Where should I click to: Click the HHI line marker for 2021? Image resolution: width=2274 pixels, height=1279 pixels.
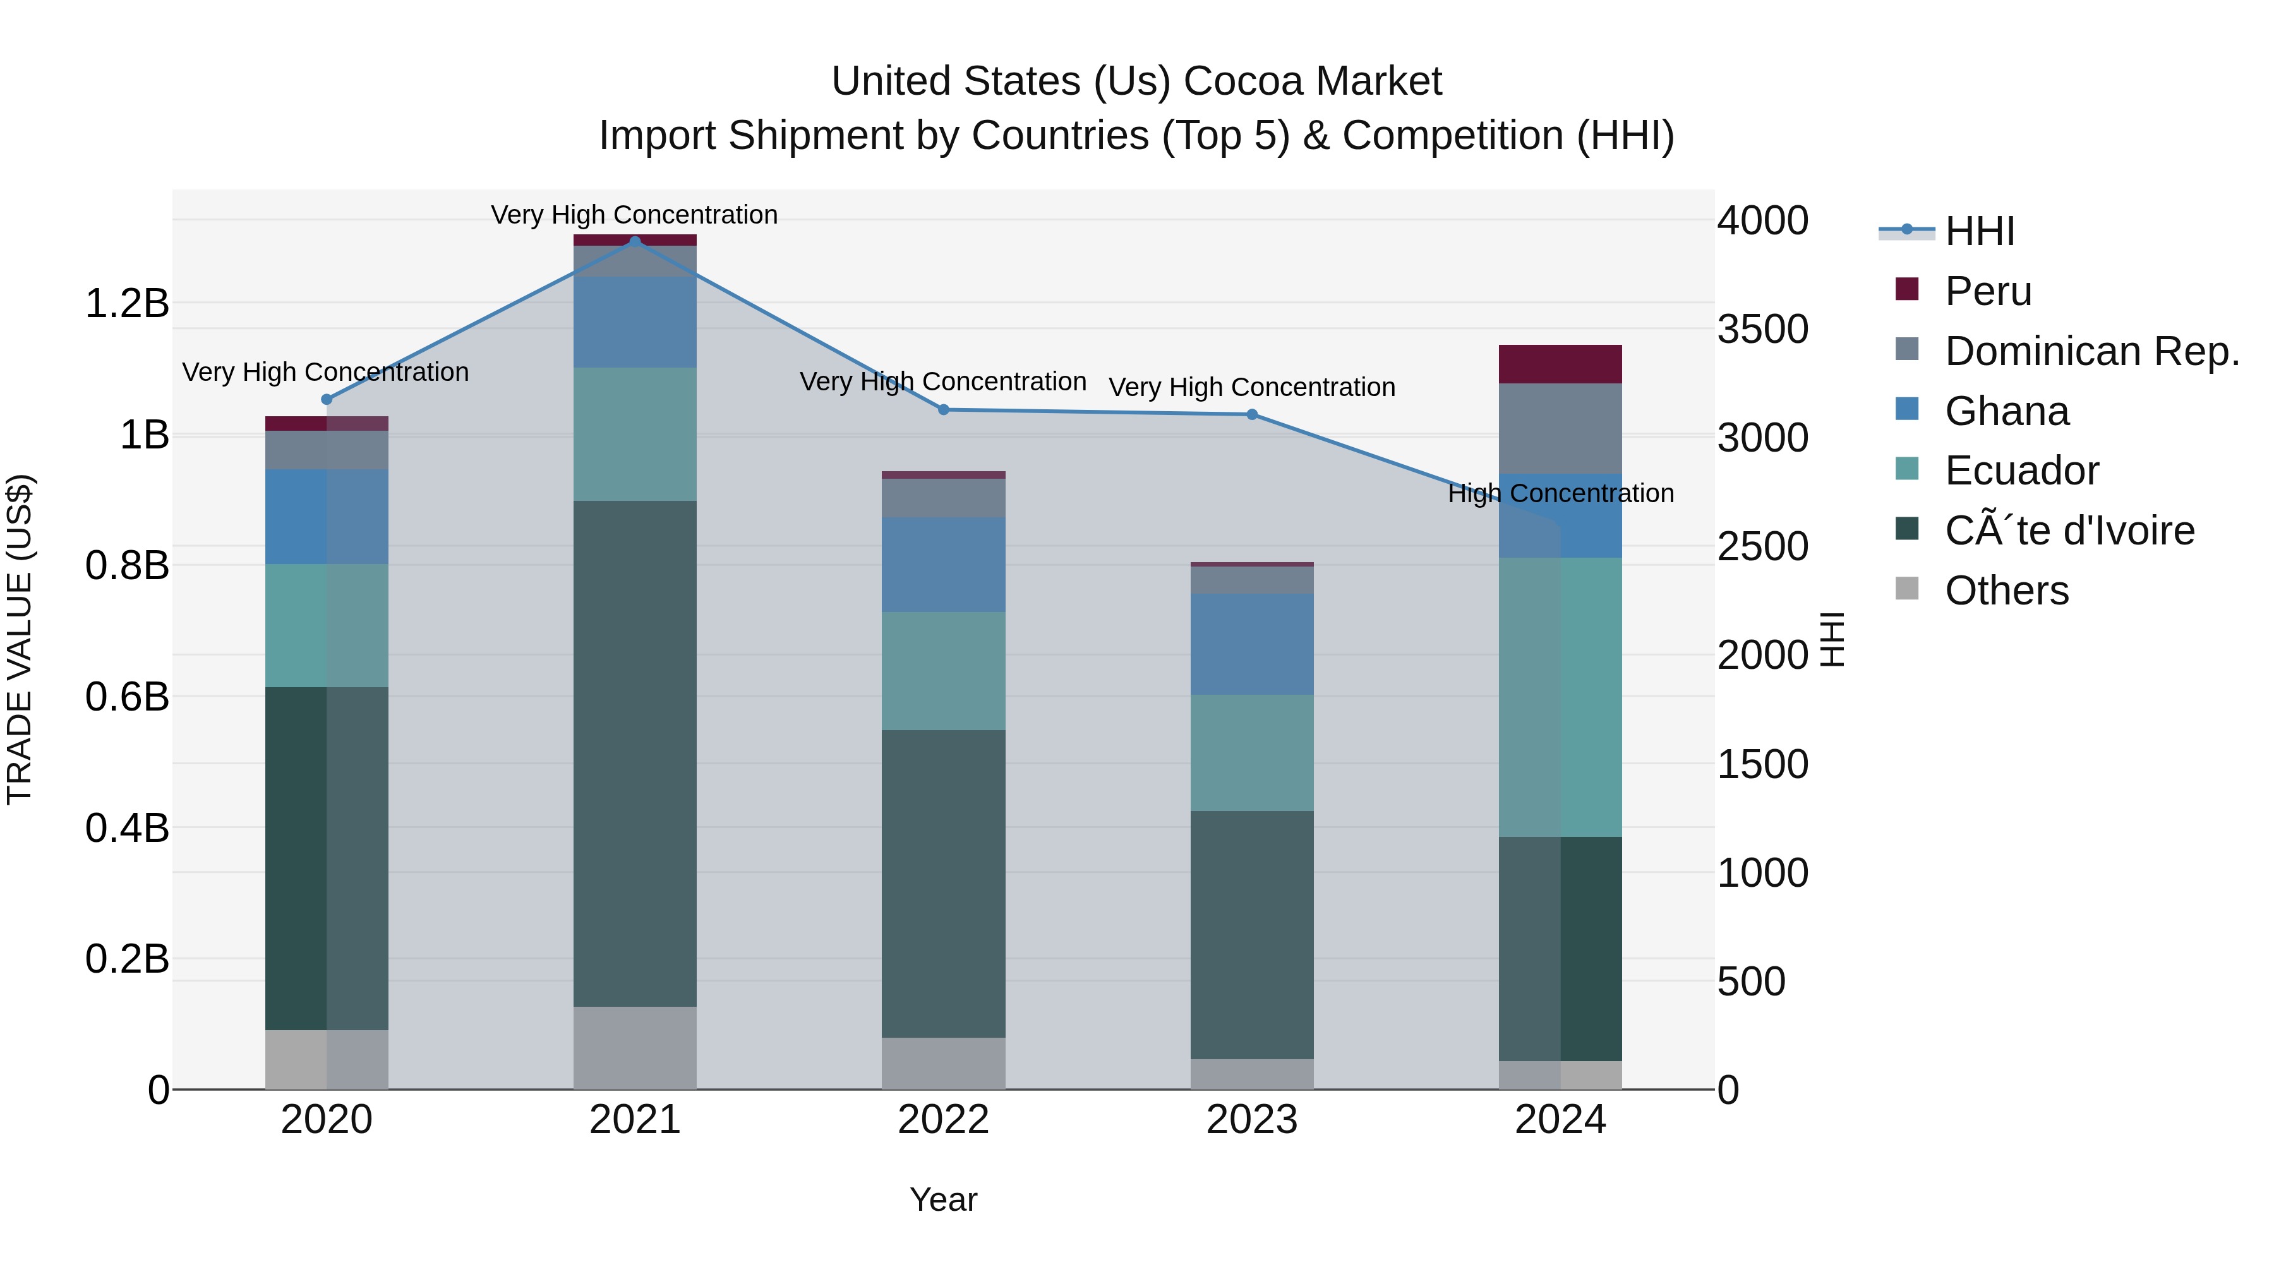pyautogui.click(x=635, y=241)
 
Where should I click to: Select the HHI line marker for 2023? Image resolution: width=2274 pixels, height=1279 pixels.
pyautogui.click(x=1252, y=414)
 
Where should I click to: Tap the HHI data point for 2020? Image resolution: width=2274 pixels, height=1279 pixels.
pyautogui.click(x=327, y=399)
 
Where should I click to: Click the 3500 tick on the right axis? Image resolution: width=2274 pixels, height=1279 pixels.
pyautogui.click(x=1762, y=329)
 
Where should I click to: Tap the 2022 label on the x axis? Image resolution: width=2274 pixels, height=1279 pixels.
pyautogui.click(x=943, y=1120)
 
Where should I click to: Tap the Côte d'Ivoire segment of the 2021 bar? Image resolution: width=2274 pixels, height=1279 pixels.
pyautogui.click(x=635, y=753)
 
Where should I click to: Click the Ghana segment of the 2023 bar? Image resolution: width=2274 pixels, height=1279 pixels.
pyautogui.click(x=1252, y=644)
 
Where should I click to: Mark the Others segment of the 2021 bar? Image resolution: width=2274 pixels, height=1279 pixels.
pyautogui.click(x=635, y=1048)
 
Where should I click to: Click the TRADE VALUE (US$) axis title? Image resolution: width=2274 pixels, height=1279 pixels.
pyautogui.click(x=20, y=639)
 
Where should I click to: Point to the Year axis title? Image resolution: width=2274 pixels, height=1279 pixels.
pyautogui.click(x=943, y=1199)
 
